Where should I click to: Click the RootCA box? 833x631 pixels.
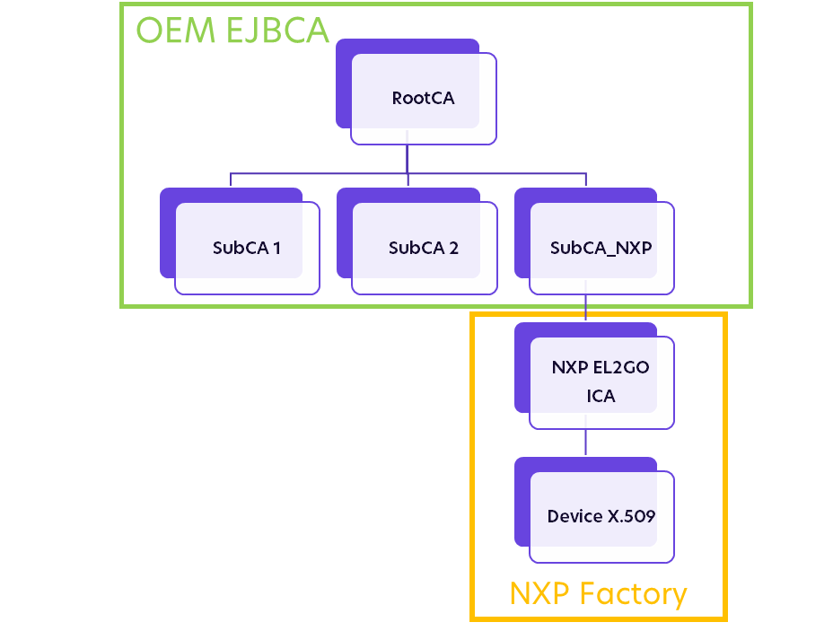pyautogui.click(x=423, y=99)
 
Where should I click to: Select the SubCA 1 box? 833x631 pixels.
pyautogui.click(x=247, y=249)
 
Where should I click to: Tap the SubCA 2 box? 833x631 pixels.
pyautogui.click(x=424, y=249)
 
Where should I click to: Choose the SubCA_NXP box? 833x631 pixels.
pyautogui.click(x=601, y=249)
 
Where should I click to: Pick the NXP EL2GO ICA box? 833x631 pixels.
pyautogui.click(x=601, y=382)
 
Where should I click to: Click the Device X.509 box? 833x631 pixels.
pyautogui.click(x=601, y=517)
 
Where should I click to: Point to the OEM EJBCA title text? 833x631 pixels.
pyautogui.click(x=232, y=30)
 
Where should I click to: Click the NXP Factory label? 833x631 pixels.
pyautogui.click(x=598, y=593)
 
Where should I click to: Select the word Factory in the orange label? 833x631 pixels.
pyautogui.click(x=634, y=593)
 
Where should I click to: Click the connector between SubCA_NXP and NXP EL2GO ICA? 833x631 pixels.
pyautogui.click(x=586, y=308)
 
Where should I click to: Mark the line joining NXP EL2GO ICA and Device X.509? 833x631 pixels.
pyautogui.click(x=586, y=443)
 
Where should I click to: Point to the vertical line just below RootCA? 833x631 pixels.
pyautogui.click(x=408, y=158)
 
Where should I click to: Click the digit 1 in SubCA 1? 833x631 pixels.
pyautogui.click(x=276, y=249)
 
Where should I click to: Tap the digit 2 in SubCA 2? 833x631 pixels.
pyautogui.click(x=453, y=249)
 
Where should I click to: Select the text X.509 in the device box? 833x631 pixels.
pyautogui.click(x=631, y=517)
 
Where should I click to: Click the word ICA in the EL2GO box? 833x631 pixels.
pyautogui.click(x=601, y=396)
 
